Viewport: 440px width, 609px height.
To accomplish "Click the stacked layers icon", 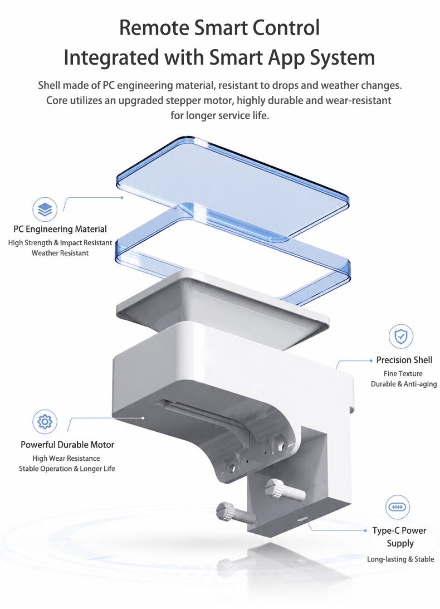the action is [45, 210].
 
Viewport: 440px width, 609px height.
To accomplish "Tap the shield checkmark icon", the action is [401, 337].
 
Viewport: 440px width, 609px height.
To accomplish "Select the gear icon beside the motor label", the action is [45, 421].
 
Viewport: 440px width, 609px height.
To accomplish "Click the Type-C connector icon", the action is [398, 507].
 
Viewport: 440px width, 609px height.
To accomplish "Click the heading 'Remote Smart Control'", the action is [219, 28].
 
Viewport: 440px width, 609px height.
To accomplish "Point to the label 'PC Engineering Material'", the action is [60, 229].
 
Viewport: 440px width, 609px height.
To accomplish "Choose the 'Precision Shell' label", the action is [404, 360].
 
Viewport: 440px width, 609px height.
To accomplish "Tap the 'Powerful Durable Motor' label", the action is [67, 445].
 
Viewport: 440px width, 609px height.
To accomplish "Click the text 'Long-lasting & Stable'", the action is [400, 559].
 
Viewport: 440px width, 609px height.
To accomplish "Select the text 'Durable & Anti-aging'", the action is [403, 384].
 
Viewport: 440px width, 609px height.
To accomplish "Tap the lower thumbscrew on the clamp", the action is [236, 513].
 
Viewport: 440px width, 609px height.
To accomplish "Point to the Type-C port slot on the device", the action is [301, 518].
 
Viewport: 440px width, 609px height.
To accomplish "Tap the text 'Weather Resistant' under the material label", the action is [60, 253].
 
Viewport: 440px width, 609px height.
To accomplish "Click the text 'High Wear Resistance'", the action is [66, 459].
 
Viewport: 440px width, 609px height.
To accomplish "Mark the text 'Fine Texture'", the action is [403, 374].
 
